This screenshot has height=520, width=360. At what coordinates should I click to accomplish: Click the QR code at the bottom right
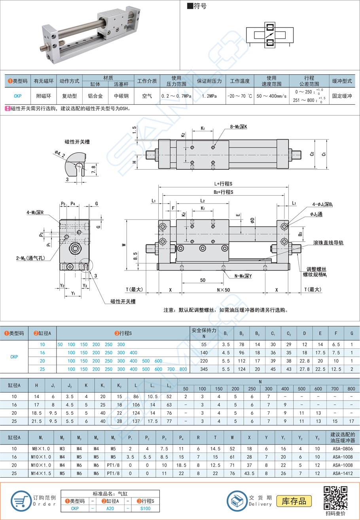pyautogui.click(x=335, y=497)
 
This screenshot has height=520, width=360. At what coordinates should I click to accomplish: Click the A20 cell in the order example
pyautogui.click(x=109, y=509)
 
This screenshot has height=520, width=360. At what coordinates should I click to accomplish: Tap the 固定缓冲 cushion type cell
pyautogui.click(x=342, y=96)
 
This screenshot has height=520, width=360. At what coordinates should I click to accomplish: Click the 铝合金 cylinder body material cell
pyautogui.click(x=95, y=96)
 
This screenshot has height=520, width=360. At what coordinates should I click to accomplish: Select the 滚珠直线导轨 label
pyautogui.click(x=328, y=242)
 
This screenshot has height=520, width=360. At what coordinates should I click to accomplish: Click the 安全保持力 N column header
pyautogui.click(x=204, y=333)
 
